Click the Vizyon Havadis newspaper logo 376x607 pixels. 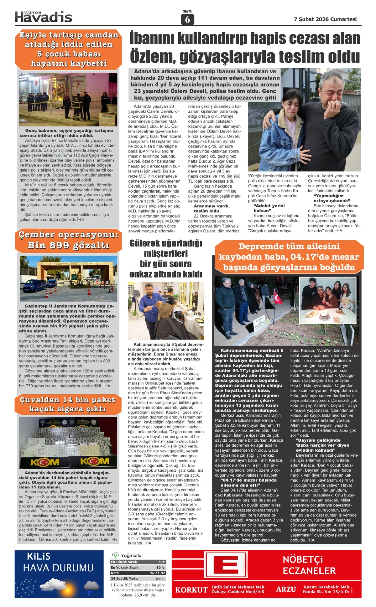pyautogui.click(x=44, y=17)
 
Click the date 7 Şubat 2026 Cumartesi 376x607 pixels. pyautogui.click(x=325, y=19)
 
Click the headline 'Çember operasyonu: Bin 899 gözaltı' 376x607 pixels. pyautogui.click(x=68, y=240)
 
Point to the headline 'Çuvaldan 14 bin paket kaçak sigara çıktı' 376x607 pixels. pyautogui.click(x=68, y=404)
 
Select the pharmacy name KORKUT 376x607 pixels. pyautogui.click(x=191, y=590)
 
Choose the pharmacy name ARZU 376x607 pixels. pyautogui.click(x=286, y=589)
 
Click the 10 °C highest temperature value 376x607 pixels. pyautogui.click(x=160, y=567)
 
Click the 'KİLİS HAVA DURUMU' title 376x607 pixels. pyautogui.click(x=58, y=563)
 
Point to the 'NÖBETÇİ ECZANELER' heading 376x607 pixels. pyautogui.click(x=309, y=565)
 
